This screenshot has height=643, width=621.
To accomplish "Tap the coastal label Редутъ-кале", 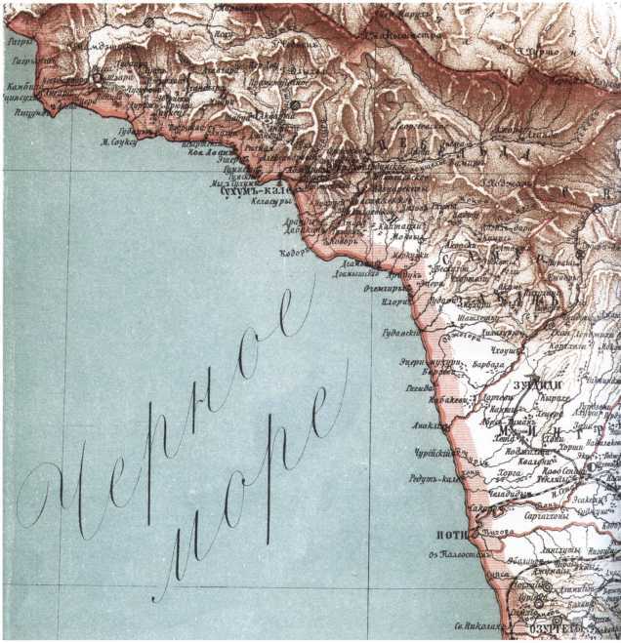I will click(x=435, y=479).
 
